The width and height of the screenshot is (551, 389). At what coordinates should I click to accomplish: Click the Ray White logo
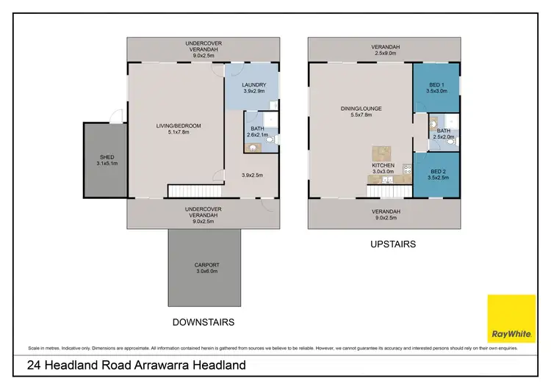511,319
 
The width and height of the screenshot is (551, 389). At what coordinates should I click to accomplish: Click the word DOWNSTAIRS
204,322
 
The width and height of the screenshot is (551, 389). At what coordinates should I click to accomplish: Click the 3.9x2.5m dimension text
252,175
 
